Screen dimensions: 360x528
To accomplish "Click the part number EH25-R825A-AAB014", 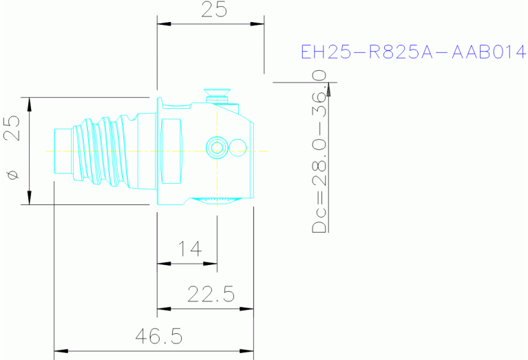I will (414, 52).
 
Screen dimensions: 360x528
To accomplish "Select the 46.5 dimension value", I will (158, 337).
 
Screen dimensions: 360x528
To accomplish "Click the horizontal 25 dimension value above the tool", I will (213, 10).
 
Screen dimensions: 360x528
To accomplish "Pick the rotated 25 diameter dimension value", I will (12, 127).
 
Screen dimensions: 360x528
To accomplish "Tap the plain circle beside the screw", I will (237, 147).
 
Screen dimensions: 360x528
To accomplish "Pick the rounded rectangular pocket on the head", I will (172, 147).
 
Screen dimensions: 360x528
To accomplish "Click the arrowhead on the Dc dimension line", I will (329, 87).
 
